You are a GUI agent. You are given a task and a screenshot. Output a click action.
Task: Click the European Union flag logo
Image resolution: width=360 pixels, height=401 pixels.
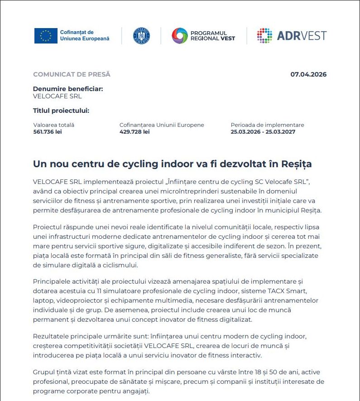46,36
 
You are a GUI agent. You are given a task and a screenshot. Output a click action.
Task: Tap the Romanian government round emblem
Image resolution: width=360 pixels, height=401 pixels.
141,36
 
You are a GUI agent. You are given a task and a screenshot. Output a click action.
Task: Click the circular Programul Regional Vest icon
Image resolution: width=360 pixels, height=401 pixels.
179,36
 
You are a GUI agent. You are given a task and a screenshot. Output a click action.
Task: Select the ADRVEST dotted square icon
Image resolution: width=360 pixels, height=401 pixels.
264,36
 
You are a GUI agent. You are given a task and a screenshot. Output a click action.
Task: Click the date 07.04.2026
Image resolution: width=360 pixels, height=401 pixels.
308,75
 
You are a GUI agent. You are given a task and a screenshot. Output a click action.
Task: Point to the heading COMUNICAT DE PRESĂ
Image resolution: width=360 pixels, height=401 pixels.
72,75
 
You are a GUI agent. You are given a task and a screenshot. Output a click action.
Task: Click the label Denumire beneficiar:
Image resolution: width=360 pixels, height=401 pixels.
68,89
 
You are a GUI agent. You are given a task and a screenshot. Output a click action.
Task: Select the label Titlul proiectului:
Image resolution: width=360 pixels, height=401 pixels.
61,111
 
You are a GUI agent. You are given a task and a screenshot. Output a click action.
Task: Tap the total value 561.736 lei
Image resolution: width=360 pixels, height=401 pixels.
48,132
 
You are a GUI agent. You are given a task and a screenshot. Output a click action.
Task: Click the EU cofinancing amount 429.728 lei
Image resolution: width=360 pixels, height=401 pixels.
134,132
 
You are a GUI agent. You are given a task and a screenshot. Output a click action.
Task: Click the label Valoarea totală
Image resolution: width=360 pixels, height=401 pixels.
54,125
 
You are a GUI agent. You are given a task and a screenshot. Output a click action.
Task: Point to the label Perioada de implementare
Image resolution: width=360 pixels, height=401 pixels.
267,125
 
